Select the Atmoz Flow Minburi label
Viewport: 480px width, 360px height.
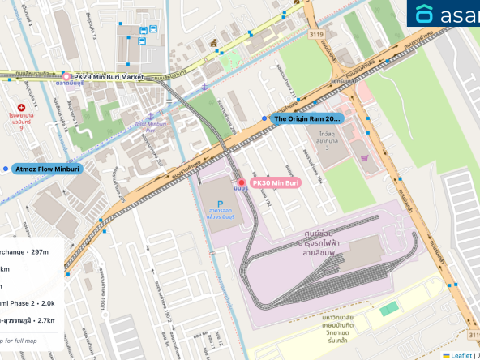point(47,169)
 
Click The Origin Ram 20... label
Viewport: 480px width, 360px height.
point(306,119)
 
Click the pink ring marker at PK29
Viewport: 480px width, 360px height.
point(66,76)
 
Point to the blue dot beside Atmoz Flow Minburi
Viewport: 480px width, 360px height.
point(6,169)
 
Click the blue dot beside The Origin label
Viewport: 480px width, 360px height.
point(264,119)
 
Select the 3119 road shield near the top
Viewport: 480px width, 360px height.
point(315,34)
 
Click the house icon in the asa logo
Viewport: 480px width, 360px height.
point(424,14)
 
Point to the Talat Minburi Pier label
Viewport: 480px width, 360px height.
point(150,126)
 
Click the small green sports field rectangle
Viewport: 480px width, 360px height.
point(389,309)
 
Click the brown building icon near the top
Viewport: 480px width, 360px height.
point(213,42)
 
